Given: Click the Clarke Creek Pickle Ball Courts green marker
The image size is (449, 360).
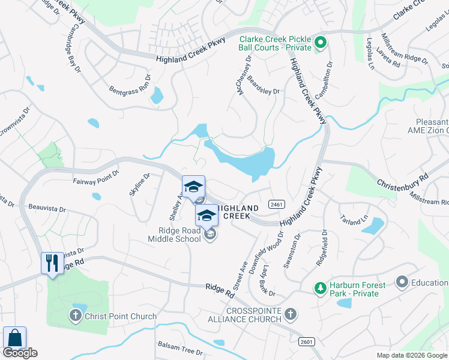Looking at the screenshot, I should pos(320,42).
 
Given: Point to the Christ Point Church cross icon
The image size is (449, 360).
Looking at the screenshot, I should pos(75,316).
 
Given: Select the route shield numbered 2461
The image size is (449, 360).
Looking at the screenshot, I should pos(276,204).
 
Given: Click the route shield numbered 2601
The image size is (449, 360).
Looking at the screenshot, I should pos(306,341).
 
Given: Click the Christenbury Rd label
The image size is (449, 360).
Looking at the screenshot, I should pos(402,179).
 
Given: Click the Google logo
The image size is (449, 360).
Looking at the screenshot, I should pos(20,353).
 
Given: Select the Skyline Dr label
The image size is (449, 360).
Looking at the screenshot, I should pos(139,184).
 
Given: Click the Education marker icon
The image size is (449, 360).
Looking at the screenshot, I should pos(402,281).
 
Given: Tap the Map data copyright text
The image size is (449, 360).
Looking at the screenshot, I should pos(412,355).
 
